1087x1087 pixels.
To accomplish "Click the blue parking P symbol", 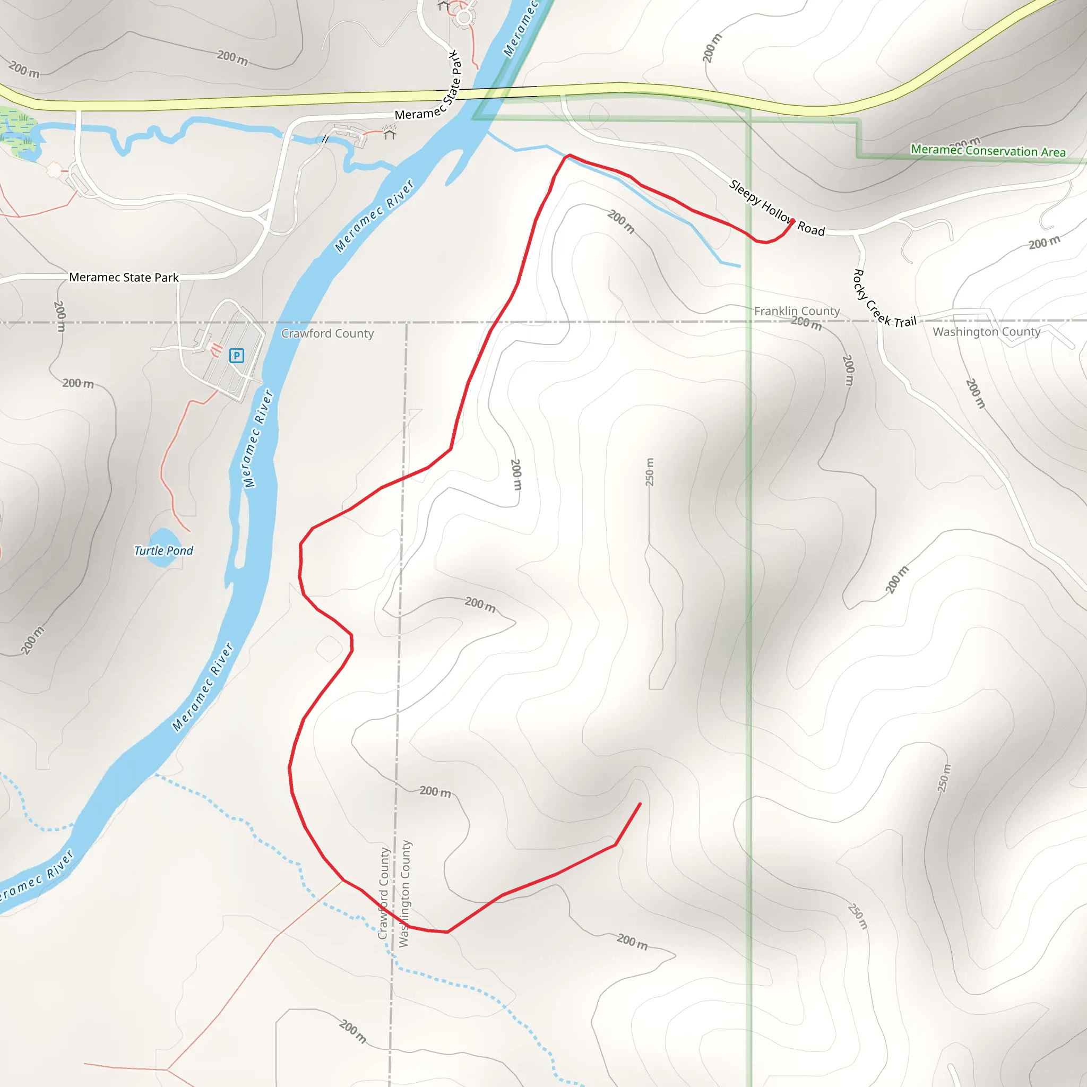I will click(236, 356).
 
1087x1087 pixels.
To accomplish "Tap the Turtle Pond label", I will click(163, 551).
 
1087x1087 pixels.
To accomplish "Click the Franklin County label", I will click(797, 311).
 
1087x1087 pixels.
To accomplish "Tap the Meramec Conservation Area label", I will click(988, 151).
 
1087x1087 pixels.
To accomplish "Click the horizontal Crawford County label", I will click(327, 334).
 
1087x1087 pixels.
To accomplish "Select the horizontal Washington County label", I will click(986, 332).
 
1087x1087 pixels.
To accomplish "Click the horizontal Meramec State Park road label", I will click(124, 278).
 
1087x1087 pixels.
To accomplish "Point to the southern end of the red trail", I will click(640, 804).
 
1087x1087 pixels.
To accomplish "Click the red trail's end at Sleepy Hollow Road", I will click(793, 221).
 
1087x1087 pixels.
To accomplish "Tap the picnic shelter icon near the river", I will click(390, 133).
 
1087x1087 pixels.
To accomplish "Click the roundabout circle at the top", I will click(464, 18).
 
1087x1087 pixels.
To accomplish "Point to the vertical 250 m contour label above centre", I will click(650, 472).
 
